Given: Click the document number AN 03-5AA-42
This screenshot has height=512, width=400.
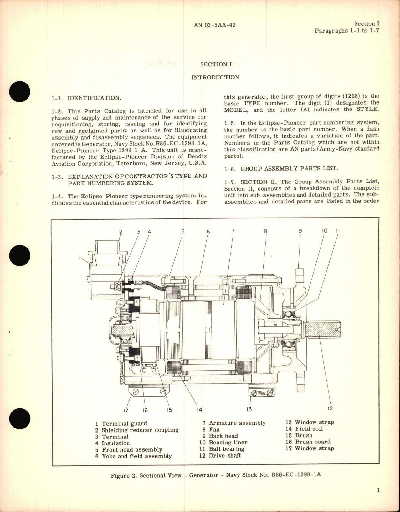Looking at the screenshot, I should pos(215,25).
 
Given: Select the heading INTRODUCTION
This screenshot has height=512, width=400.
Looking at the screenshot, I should pos(215,77).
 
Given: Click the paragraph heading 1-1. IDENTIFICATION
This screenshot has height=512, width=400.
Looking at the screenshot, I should pos(86,98).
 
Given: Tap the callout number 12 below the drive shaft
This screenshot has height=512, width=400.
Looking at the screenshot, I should pos(330,408).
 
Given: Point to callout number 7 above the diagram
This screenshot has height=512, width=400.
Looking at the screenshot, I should pos(233,232).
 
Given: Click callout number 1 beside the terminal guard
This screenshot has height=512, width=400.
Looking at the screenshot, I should pos(80,258).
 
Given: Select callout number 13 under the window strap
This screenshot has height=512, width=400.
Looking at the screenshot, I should pos(249,409).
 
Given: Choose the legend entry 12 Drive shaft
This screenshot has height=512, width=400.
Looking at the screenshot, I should pos(220,455).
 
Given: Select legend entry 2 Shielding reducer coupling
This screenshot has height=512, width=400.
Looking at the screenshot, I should pos(137,430).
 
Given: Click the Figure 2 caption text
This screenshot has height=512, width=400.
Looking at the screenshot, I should pos(216,475).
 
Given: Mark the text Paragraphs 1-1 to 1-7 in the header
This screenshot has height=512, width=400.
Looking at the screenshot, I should pos(347,31).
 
